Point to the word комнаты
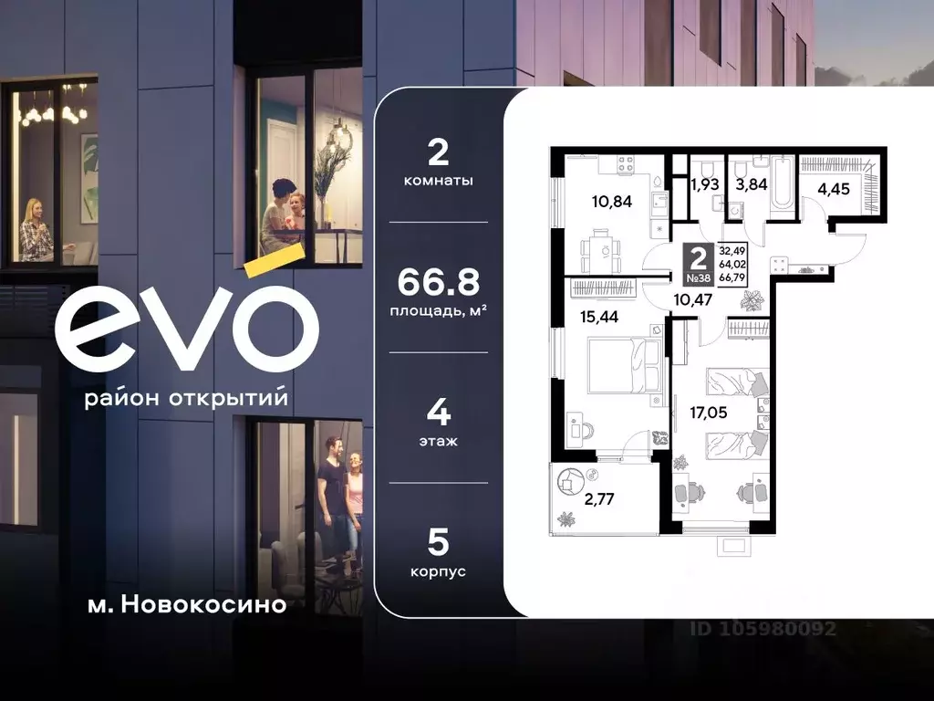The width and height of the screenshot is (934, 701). [438, 181]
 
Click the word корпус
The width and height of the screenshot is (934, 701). [438, 571]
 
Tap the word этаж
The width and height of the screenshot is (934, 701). [438, 441]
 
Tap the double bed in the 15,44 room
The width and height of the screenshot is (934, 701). [619, 365]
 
